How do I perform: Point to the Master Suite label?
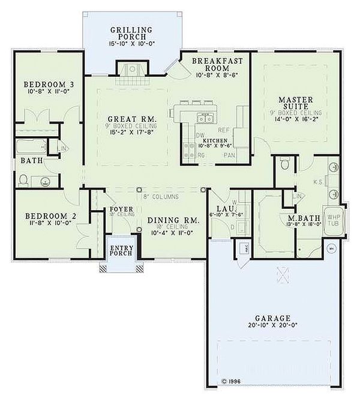(x=296, y=103)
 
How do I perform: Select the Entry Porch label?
(x=121, y=253)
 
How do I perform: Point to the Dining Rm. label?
(x=173, y=220)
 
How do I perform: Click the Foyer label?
(x=121, y=209)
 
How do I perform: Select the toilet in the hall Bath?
(x=24, y=179)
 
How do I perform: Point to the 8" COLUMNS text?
(x=162, y=197)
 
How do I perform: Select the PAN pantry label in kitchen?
(x=229, y=155)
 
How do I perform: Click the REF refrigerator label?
(x=223, y=130)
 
